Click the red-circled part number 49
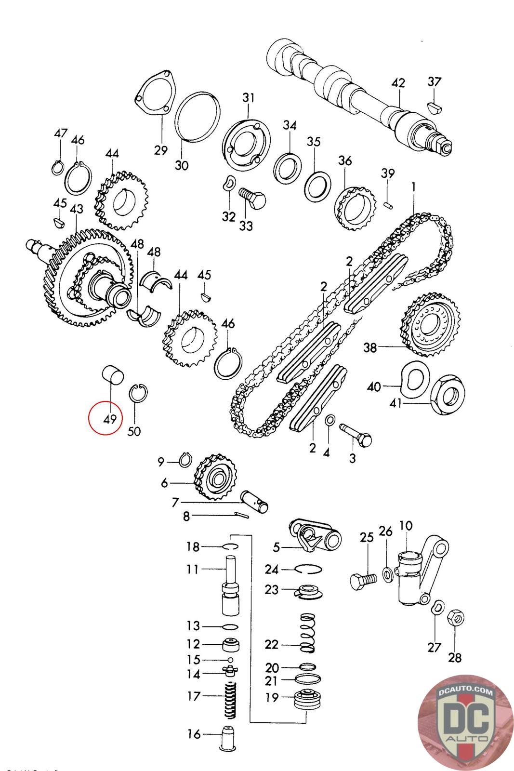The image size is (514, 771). (110, 418)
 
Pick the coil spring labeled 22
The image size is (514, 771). (307, 633)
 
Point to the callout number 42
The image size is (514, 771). (398, 83)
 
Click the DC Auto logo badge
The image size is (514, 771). (461, 720)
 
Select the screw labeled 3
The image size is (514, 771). (357, 433)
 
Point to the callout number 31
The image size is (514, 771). (248, 98)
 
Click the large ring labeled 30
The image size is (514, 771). (197, 117)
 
